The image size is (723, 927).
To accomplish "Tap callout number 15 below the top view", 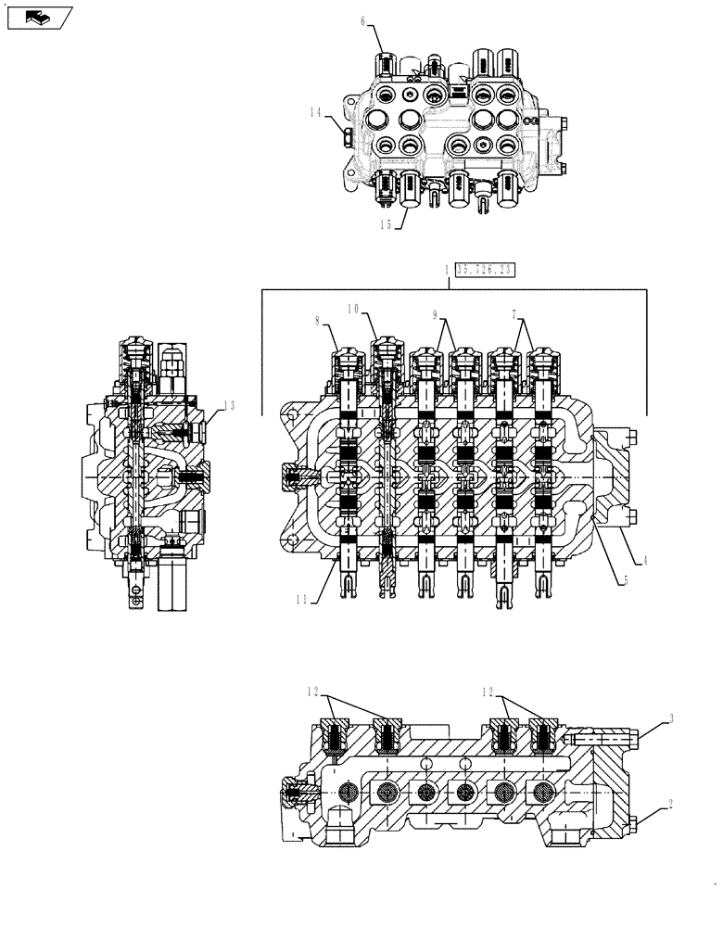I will point(383,223).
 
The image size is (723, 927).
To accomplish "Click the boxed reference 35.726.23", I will point(484,270).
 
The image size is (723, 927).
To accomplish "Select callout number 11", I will point(303,600).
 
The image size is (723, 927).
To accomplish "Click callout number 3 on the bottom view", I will point(670,718).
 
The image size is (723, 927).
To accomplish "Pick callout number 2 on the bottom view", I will point(670,808).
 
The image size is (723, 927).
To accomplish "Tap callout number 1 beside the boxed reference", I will point(448,270).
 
